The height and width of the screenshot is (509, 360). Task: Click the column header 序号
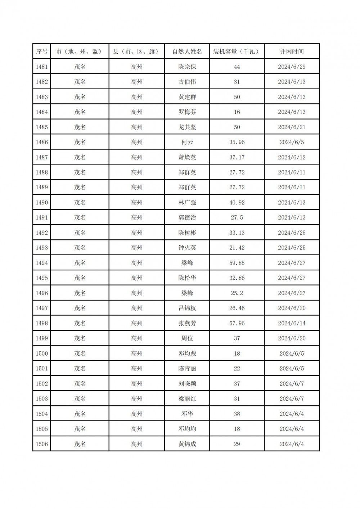coord(41,51)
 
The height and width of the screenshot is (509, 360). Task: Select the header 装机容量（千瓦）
coord(237,51)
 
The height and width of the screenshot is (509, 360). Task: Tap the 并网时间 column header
coord(292,51)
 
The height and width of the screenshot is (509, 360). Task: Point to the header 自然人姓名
coord(187,51)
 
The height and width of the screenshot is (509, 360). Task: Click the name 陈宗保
coord(187,67)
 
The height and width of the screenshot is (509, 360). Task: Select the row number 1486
coord(41,142)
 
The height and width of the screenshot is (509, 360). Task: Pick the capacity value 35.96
coord(237,142)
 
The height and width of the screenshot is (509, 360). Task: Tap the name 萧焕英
coord(187,157)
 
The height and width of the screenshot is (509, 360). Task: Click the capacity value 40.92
coord(237,203)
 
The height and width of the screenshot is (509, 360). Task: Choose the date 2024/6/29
coord(292,67)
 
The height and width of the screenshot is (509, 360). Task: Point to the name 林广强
coord(187,203)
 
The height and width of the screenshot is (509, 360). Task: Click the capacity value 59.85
coord(237,263)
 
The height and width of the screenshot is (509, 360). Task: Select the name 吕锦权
coord(187,308)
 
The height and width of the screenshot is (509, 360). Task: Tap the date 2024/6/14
coord(292,323)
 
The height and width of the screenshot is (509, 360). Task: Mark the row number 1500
coord(41,353)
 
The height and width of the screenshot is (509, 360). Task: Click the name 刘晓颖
coord(187,384)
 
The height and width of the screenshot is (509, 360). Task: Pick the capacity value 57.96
coord(237,323)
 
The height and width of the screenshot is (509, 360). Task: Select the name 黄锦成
coord(187,444)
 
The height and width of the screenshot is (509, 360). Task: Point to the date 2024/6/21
coord(292,127)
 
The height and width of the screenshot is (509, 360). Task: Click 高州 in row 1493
coord(137,248)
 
